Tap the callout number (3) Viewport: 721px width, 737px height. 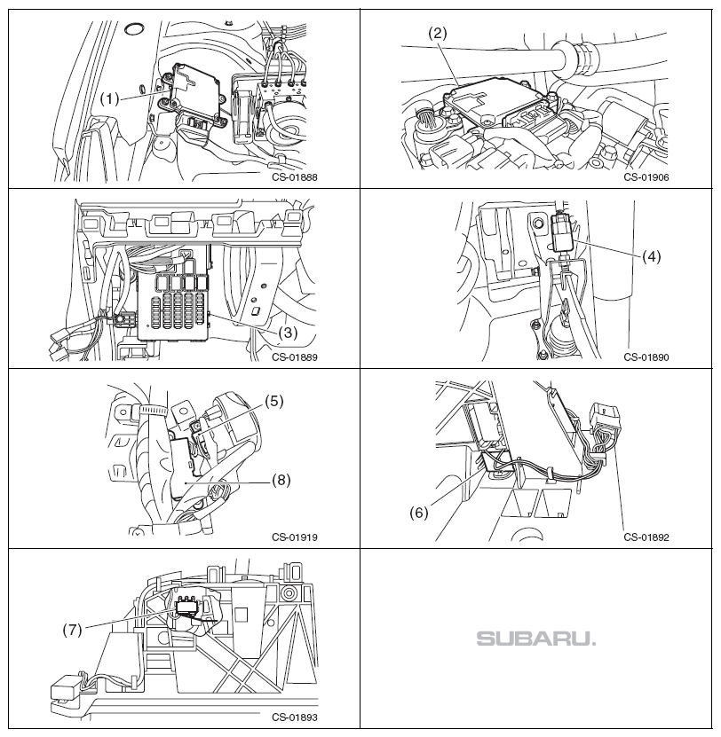(288, 333)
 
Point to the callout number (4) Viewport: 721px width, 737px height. (653, 256)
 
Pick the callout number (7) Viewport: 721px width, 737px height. (74, 631)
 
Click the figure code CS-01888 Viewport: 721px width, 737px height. (295, 176)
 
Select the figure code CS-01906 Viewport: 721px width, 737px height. (646, 176)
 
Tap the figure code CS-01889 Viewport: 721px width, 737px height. (295, 358)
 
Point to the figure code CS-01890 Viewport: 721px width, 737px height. (646, 358)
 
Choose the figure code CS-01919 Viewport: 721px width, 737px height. (295, 537)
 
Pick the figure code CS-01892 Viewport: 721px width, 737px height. (646, 537)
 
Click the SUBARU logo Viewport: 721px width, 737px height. (536, 639)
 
